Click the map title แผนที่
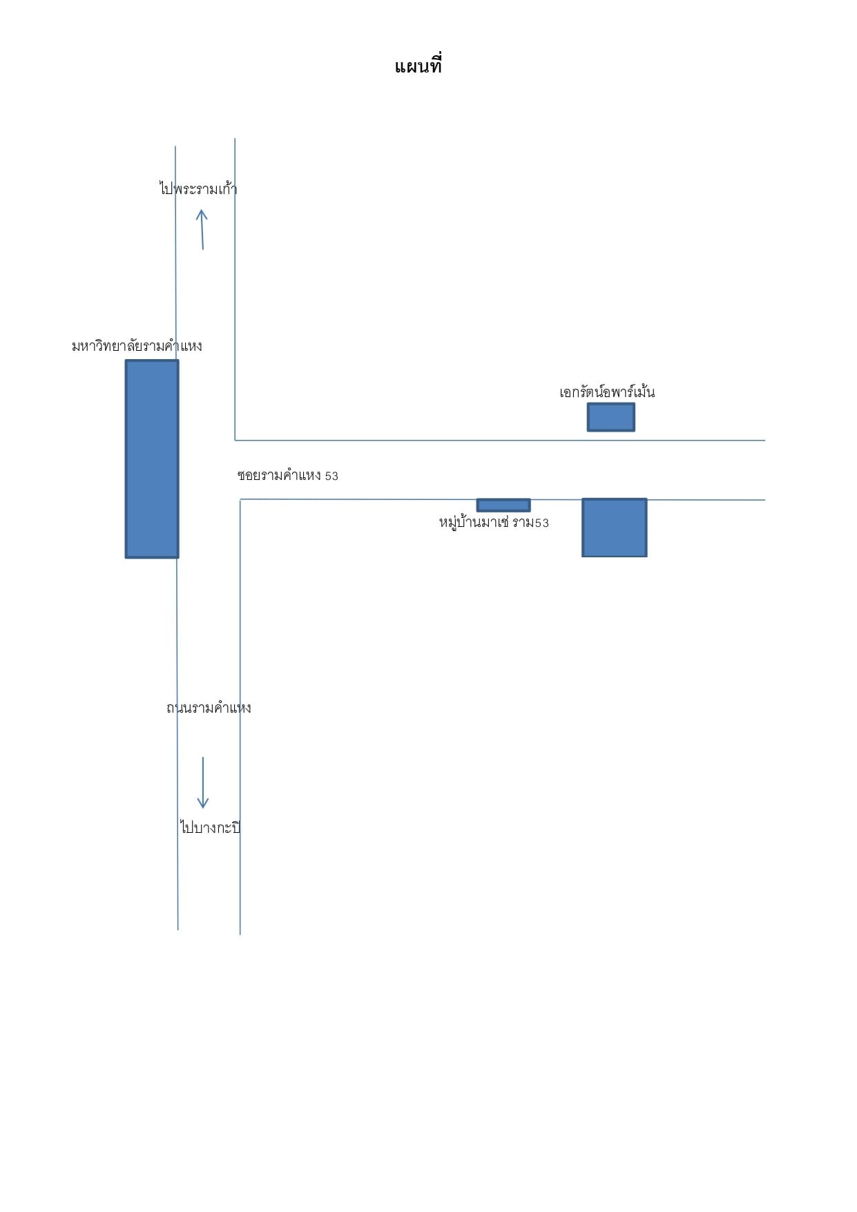[x=418, y=66]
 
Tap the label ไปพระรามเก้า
[x=198, y=189]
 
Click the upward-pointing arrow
[x=202, y=229]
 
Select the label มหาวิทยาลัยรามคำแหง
[x=137, y=345]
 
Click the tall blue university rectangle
[x=152, y=459]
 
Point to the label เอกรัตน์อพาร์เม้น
[x=607, y=392]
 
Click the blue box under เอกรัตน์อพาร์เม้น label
[x=611, y=417]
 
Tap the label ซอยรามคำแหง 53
[x=288, y=476]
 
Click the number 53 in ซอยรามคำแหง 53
[x=331, y=477]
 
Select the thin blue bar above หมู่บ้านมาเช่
[x=503, y=506]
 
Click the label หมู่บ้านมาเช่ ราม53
[x=494, y=523]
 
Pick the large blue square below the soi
[x=615, y=528]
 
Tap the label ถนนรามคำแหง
[x=209, y=708]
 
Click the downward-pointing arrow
[x=203, y=782]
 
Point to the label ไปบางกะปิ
[x=210, y=827]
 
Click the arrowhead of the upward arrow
[x=201, y=210]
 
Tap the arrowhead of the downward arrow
[x=203, y=807]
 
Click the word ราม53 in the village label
[x=530, y=523]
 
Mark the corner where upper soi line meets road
[x=235, y=440]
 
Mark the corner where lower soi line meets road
[x=240, y=499]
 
